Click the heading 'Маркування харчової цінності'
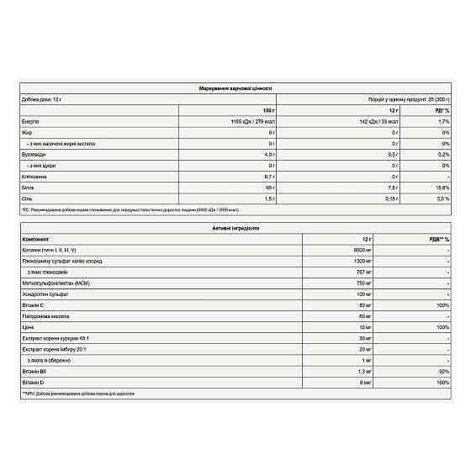point(235,87)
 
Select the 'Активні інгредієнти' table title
point(235,227)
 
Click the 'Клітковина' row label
point(34,177)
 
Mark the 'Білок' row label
point(29,188)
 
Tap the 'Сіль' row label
point(27,198)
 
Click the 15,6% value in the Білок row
point(443,188)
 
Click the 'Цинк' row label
point(28,326)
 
